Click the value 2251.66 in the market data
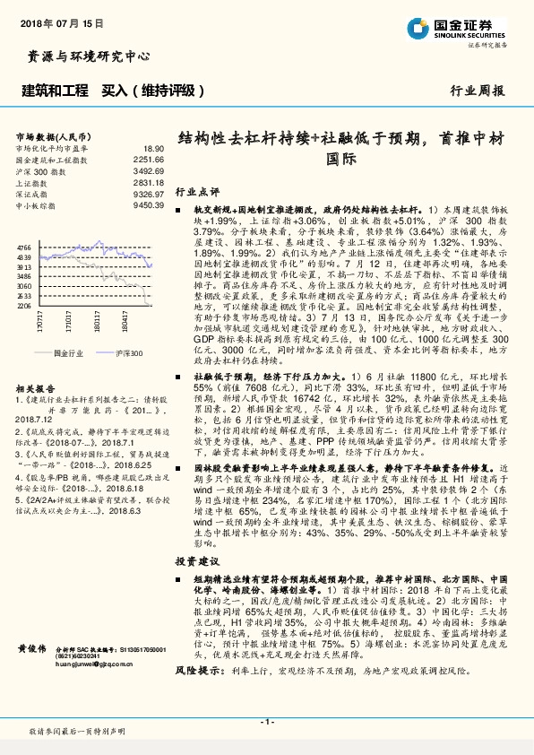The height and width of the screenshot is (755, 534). tap(149, 159)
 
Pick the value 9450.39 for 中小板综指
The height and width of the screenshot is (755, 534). tap(149, 205)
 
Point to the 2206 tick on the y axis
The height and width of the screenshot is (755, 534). tap(24, 306)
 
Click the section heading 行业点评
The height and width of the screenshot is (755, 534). tap(197, 191)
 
